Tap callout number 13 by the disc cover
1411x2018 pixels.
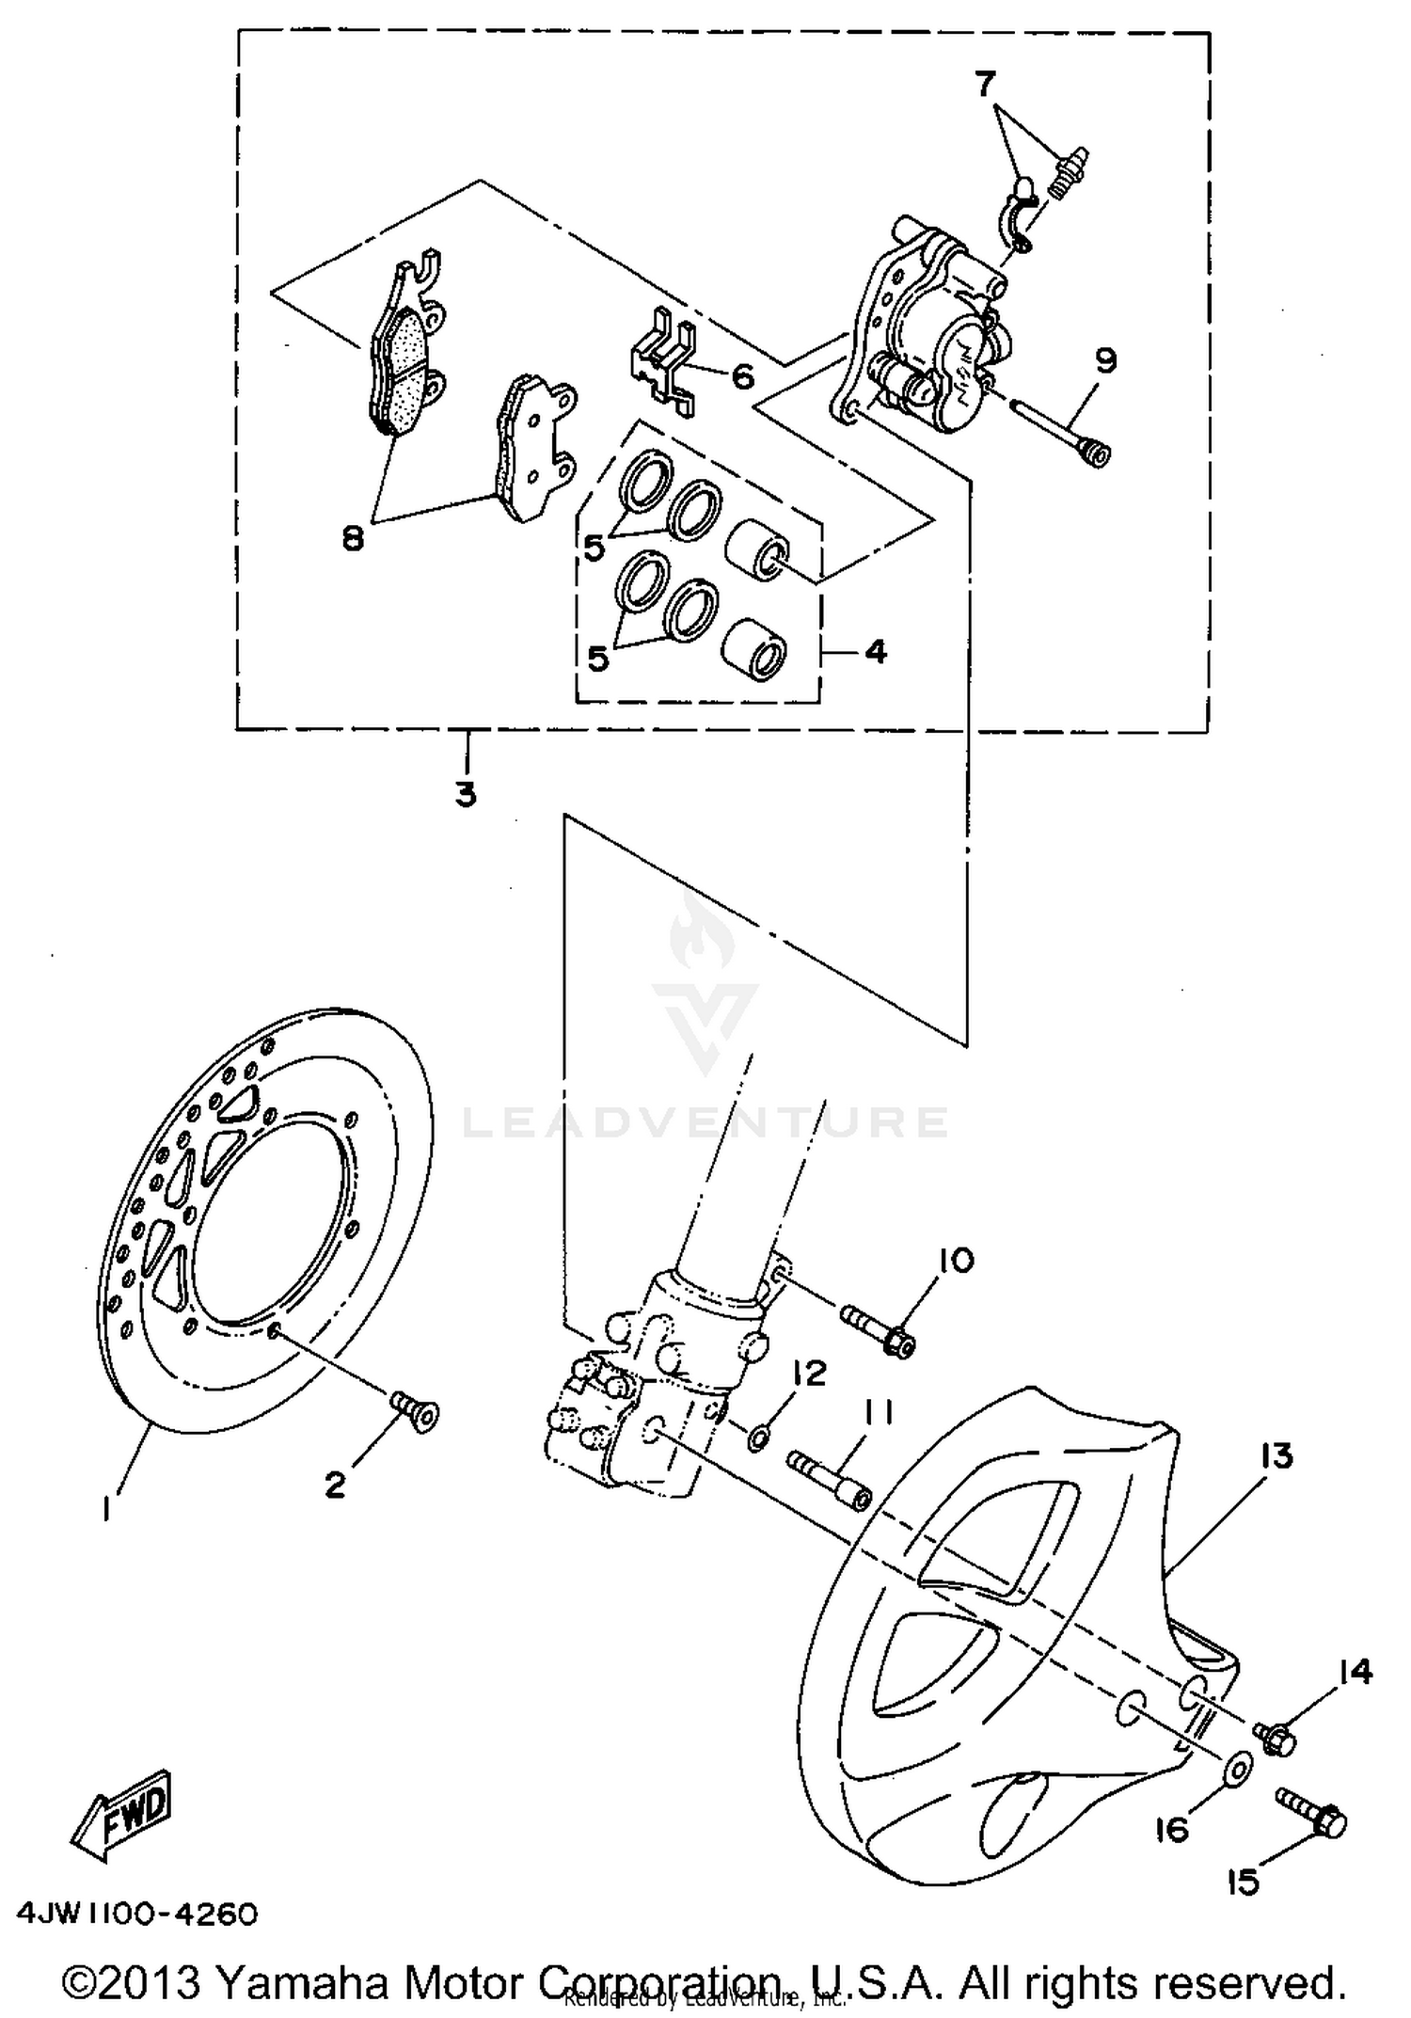click(1271, 1455)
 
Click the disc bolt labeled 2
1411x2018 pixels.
click(415, 1411)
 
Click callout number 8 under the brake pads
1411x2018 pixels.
click(353, 539)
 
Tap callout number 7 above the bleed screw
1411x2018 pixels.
click(985, 86)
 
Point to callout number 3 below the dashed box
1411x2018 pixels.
click(466, 794)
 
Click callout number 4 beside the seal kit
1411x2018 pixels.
click(875, 651)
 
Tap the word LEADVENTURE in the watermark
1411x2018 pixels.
click(705, 1121)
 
